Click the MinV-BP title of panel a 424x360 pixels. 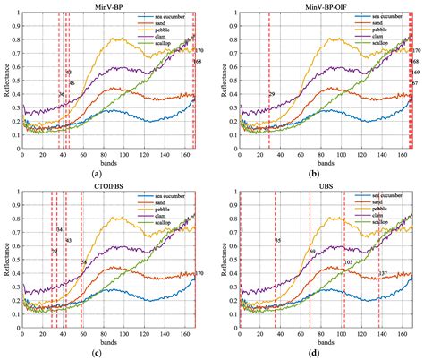[x=107, y=5]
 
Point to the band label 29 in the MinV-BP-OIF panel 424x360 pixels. [x=272, y=94]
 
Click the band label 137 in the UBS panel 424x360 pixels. [x=383, y=273]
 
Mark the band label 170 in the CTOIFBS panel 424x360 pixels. [x=199, y=273]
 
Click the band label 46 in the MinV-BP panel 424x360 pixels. [x=72, y=83]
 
